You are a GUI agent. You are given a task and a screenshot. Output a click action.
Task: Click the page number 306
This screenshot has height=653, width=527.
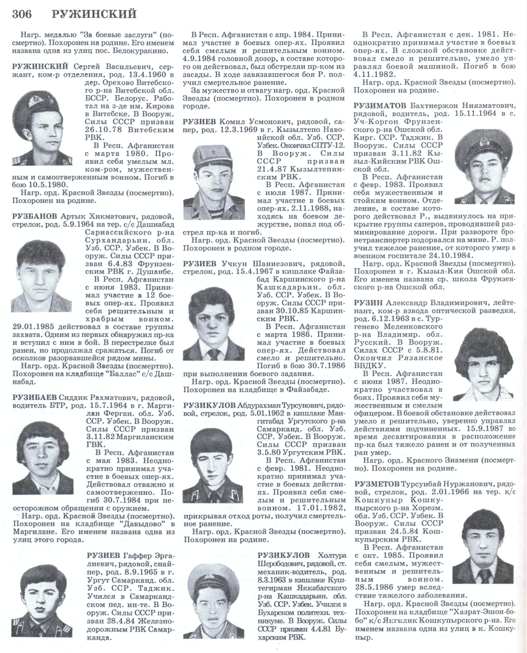[22, 14]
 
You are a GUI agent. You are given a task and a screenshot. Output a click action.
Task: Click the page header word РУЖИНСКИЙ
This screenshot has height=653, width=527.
[94, 14]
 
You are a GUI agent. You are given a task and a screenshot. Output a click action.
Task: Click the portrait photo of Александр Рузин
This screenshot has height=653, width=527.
[484, 364]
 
